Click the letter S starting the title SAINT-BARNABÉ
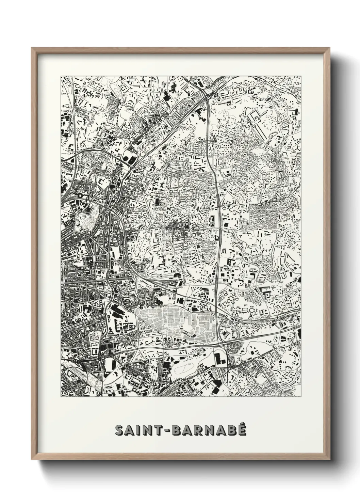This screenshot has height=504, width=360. pos(119,430)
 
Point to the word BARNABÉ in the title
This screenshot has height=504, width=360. pos(209,430)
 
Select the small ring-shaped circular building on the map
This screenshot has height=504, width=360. pos(80,196)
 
